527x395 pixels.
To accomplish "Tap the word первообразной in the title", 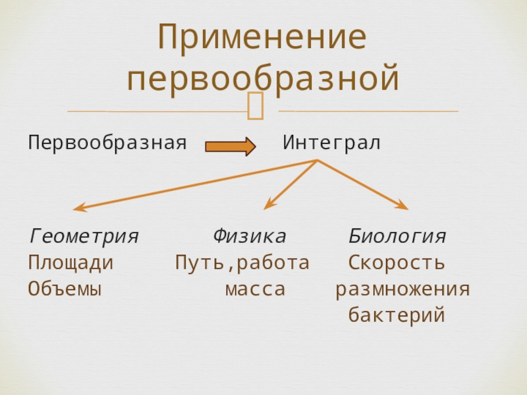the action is (263, 78).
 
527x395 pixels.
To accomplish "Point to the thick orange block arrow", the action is (230, 146).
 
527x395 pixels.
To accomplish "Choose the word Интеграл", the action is (331, 142).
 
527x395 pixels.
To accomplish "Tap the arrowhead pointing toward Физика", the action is (267, 206).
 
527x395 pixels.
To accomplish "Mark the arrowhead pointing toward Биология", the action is (402, 206).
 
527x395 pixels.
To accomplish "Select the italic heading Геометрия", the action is (84, 236).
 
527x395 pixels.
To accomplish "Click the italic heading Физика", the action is (249, 236).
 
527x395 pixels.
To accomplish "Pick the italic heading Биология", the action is (397, 236).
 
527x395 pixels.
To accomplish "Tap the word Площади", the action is (70, 263).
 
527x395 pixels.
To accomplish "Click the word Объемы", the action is (65, 289).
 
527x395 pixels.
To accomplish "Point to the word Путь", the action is (198, 263).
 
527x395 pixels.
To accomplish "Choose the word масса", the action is (255, 289).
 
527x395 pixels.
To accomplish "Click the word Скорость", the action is (397, 263).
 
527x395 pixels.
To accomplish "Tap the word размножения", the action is (402, 289).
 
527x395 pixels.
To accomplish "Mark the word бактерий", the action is (397, 315).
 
